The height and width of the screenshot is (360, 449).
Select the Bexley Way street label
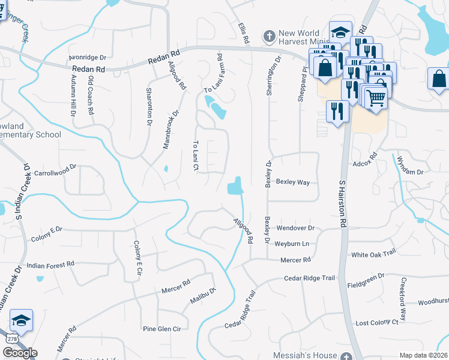pyautogui.click(x=292, y=181)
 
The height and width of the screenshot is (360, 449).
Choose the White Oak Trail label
pyautogui.click(x=373, y=254)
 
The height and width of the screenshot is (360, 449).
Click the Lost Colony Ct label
pyautogui.click(x=377, y=322)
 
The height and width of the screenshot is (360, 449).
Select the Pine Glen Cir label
pyautogui.click(x=161, y=329)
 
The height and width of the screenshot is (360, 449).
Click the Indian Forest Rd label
pyautogui.click(x=50, y=264)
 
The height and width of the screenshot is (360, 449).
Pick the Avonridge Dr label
pyautogui.click(x=87, y=58)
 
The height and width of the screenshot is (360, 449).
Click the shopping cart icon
pyautogui.click(x=375, y=97)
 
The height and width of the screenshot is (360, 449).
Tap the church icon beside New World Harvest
pyautogui.click(x=268, y=37)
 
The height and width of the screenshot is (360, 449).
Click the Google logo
pyautogui.click(x=19, y=353)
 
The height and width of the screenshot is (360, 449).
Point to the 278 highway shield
pyautogui.click(x=10, y=339)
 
